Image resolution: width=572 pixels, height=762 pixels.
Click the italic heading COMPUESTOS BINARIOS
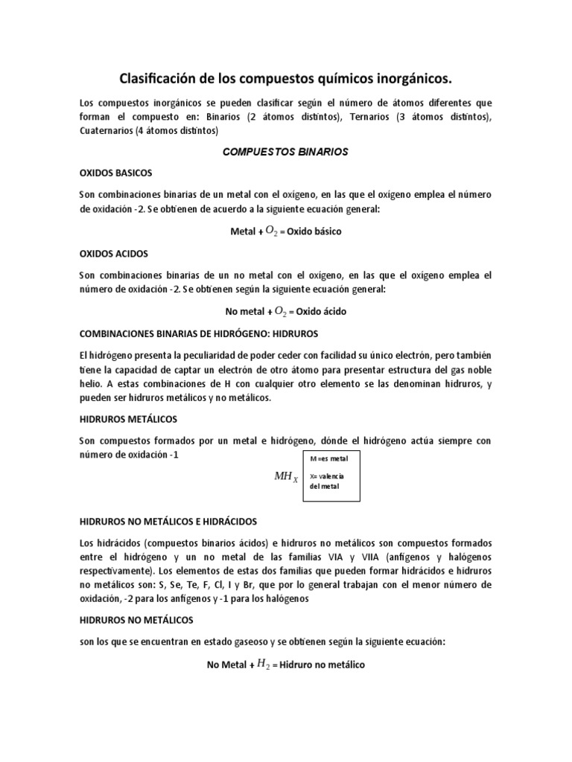coord(286,152)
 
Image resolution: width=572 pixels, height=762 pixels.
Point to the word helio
coord(92,384)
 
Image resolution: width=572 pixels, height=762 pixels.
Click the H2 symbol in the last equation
coord(263,665)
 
